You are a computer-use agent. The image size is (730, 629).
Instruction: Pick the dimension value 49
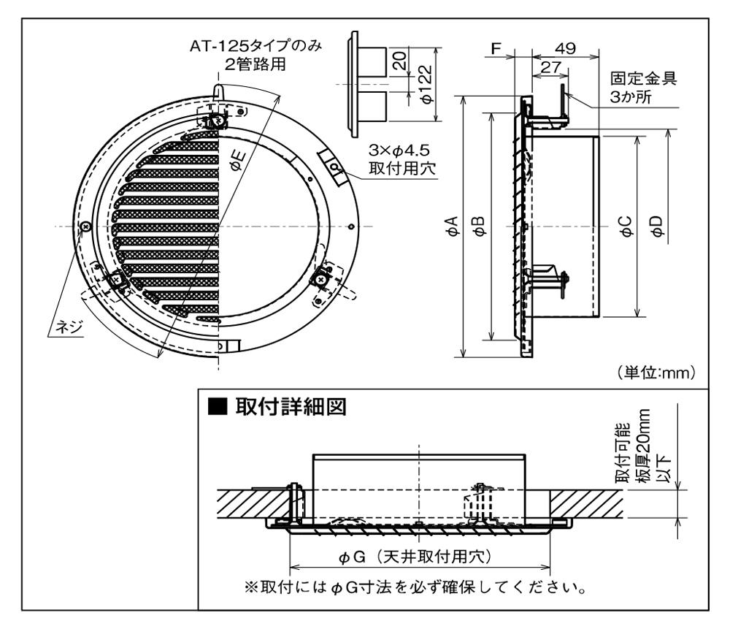pos(564,48)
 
